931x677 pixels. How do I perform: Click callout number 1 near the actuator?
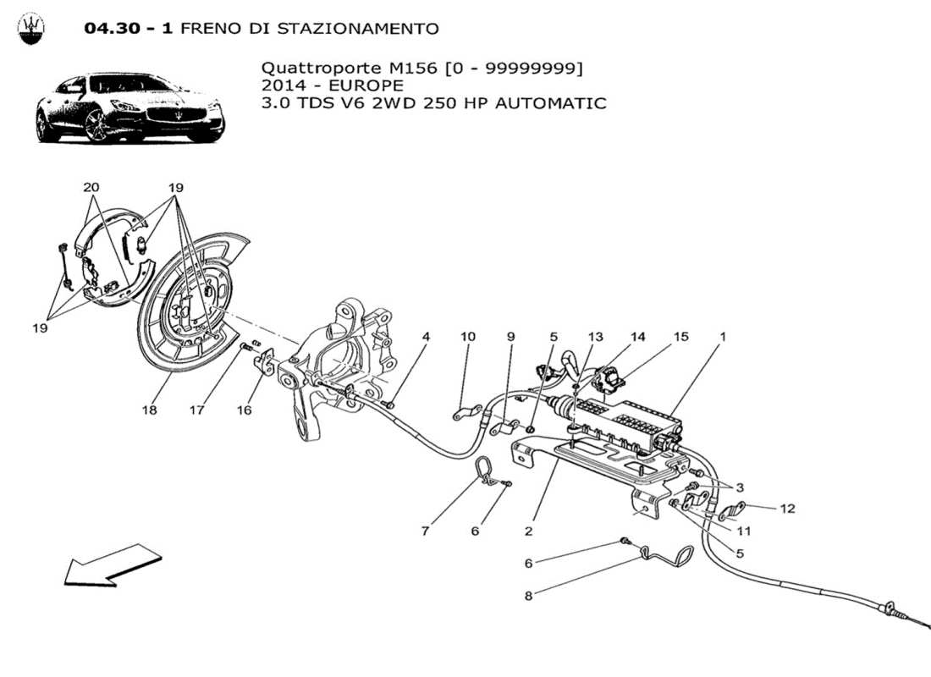722,337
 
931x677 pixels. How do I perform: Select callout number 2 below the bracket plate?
528,531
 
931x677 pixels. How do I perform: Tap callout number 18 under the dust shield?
150,410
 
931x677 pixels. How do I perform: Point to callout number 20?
91,187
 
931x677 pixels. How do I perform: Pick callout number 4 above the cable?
426,337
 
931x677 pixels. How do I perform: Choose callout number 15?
681,337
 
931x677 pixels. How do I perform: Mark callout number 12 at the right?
788,509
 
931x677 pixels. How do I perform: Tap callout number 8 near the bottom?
528,595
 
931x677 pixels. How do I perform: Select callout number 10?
468,337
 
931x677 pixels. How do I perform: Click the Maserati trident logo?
31,29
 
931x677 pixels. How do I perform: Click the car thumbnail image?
129,109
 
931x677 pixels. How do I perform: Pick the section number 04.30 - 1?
129,29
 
